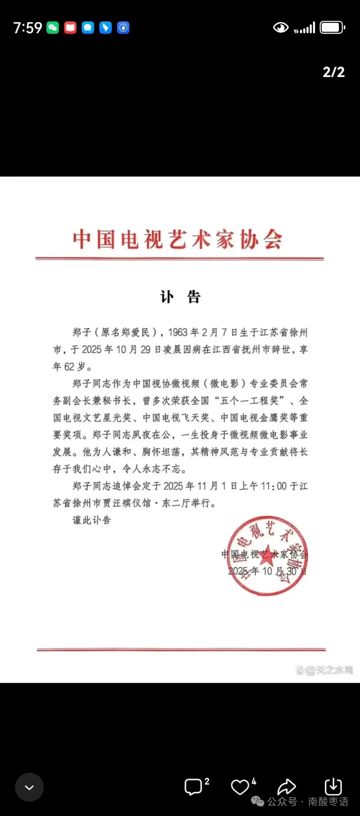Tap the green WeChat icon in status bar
(x=53, y=28)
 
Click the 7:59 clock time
(x=28, y=28)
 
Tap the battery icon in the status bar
(x=332, y=28)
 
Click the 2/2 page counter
(x=333, y=72)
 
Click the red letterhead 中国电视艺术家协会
(x=178, y=239)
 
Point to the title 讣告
(x=180, y=297)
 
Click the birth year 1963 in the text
(x=178, y=333)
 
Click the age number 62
(x=69, y=367)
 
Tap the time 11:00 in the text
(x=274, y=486)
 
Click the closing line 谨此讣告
(x=92, y=520)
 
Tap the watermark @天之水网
(x=324, y=670)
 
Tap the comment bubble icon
(x=193, y=787)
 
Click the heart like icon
(x=240, y=787)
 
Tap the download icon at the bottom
(x=333, y=787)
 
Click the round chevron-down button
(x=29, y=787)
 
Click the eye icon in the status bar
(x=281, y=28)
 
